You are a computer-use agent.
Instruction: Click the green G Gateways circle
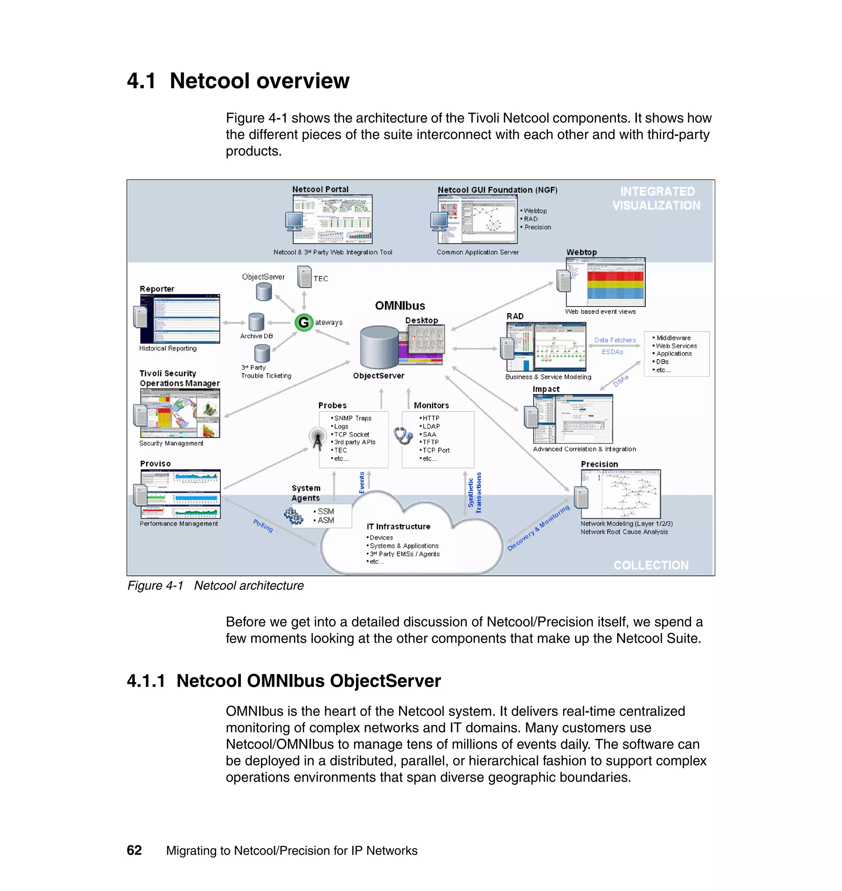coord(304,322)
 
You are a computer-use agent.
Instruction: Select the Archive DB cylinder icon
coord(256,322)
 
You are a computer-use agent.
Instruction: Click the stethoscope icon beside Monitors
coord(402,435)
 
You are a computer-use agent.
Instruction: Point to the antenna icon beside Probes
coord(317,437)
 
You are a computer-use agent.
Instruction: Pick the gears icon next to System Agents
coord(294,516)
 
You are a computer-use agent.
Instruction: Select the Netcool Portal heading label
coord(320,189)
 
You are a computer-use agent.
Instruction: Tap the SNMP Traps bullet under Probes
coord(353,418)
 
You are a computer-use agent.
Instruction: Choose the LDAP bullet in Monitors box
coord(431,426)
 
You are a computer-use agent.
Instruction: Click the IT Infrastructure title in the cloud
coord(398,526)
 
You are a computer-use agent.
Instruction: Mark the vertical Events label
coord(362,482)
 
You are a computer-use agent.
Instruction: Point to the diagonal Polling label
coord(263,525)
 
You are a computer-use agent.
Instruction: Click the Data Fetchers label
coord(615,340)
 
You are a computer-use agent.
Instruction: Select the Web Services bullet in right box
coord(676,346)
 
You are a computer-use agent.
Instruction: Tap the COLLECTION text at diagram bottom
coord(651,565)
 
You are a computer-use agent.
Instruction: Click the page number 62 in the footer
coord(134,850)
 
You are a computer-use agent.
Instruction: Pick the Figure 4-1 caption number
coord(155,586)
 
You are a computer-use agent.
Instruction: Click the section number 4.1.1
coord(146,681)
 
